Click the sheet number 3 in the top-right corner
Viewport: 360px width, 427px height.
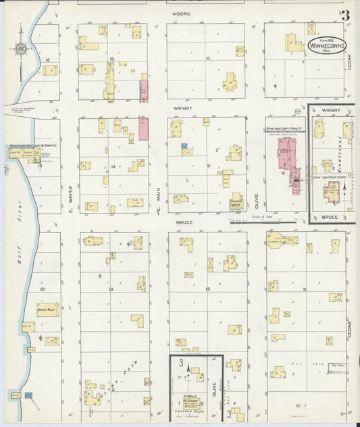pyautogui.click(x=345, y=16)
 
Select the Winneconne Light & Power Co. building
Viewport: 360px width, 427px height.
pyautogui.click(x=26, y=154)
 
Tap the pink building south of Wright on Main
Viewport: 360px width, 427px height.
pyautogui.click(x=143, y=129)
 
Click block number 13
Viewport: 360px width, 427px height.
pyautogui.click(x=111, y=288)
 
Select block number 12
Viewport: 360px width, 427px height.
pyautogui.click(x=209, y=288)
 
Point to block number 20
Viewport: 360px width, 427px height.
pyautogui.click(x=43, y=288)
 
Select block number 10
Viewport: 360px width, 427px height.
pyautogui.click(x=209, y=59)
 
